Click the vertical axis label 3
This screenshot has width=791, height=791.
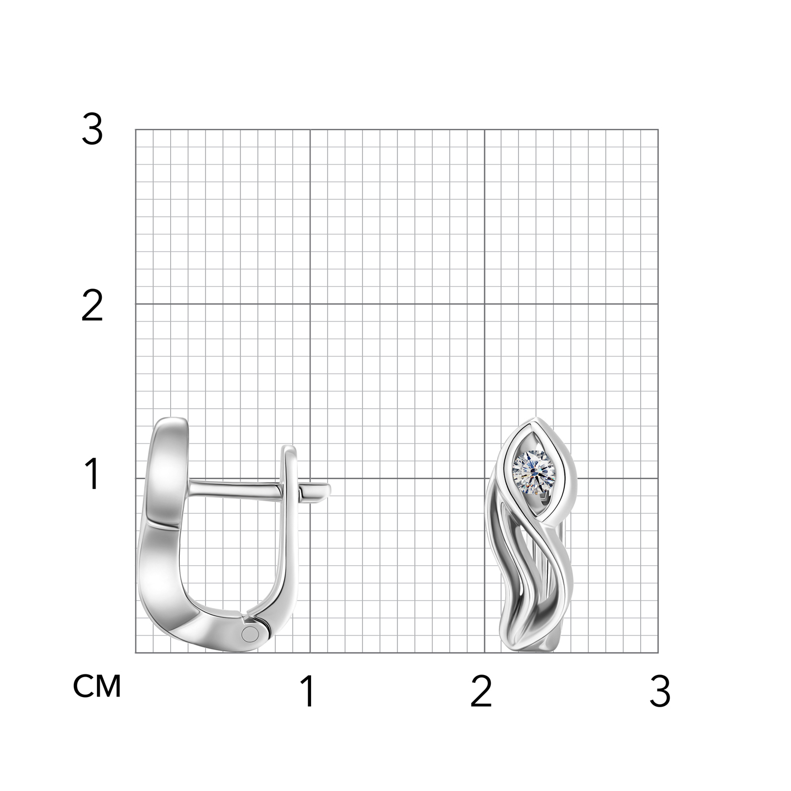[x=92, y=130]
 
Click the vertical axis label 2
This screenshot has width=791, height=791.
[x=92, y=307]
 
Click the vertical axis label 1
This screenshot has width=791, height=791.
[x=93, y=474]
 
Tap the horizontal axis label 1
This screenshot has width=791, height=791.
[x=308, y=692]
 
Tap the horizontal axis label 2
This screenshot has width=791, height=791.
[x=481, y=692]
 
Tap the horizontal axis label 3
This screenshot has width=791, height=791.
[x=660, y=692]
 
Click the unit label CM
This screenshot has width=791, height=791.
[x=97, y=686]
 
